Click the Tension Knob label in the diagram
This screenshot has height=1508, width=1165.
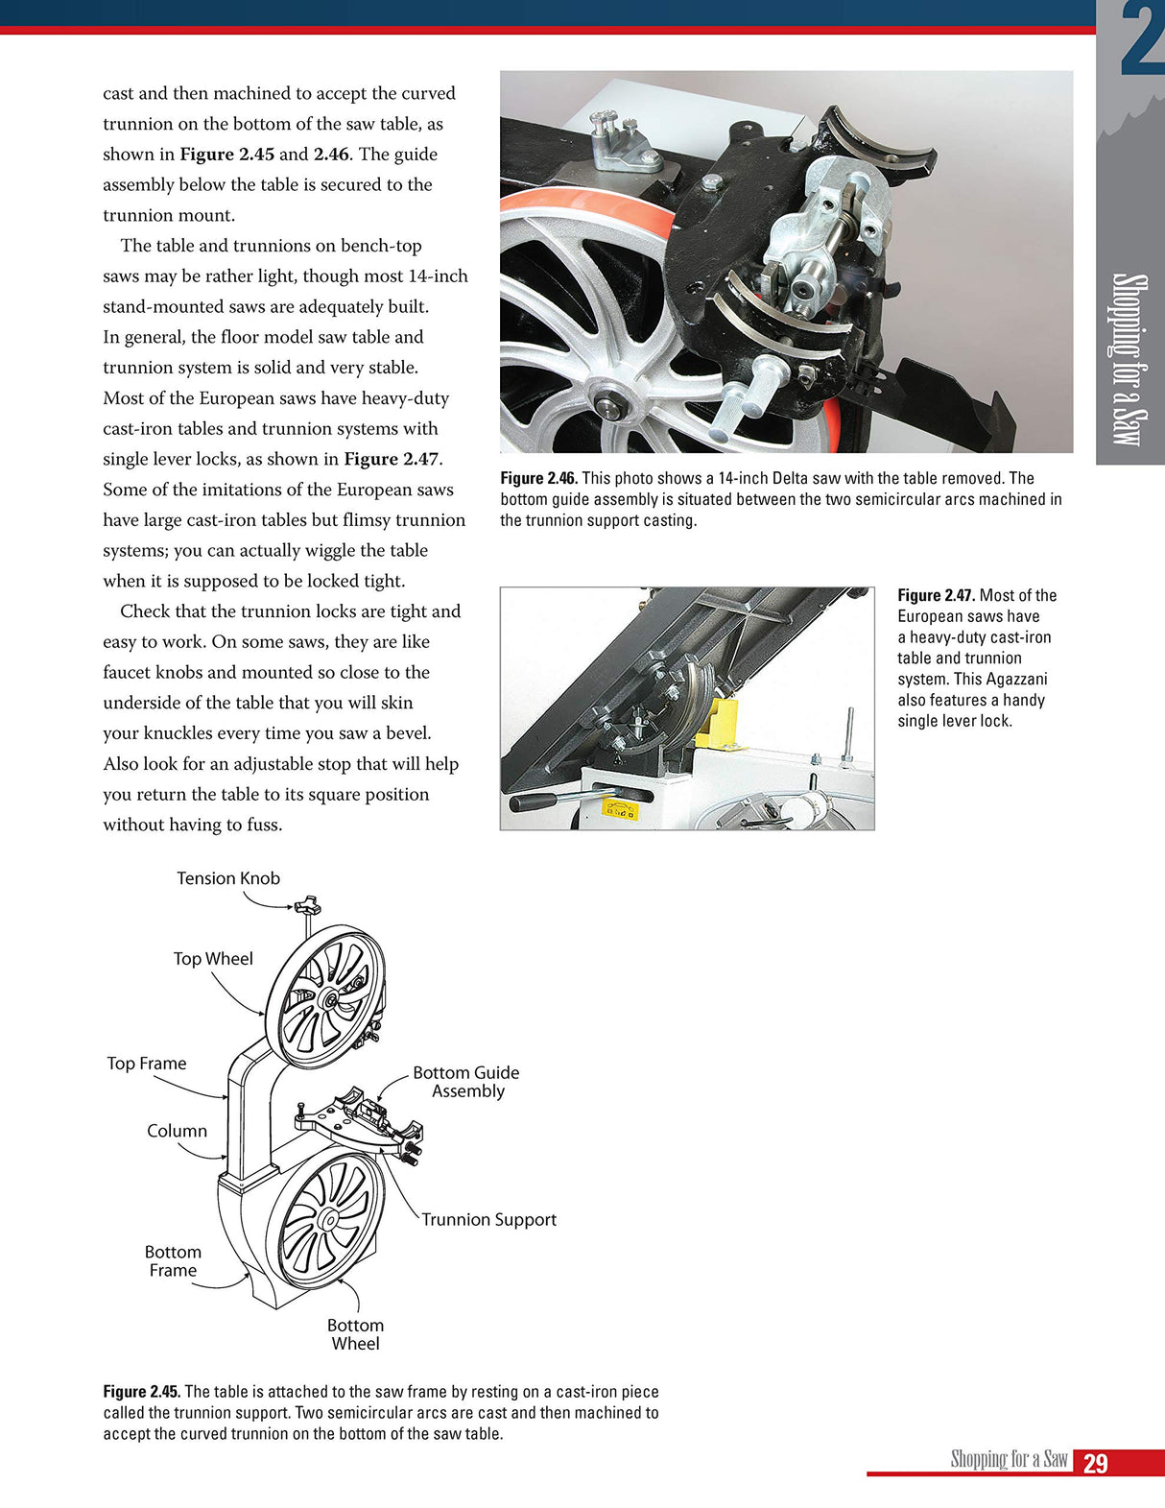228,878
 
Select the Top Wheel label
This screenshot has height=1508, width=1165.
213,959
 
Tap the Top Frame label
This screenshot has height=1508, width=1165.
147,1064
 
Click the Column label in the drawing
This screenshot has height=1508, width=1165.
177,1131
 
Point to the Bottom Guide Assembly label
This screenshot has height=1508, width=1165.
466,1082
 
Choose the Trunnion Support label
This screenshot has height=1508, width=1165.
488,1220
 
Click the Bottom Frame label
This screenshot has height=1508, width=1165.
173,1261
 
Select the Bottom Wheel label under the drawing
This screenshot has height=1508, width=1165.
355,1334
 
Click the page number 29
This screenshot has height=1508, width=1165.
1095,1463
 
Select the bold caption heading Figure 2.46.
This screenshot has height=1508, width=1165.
538,478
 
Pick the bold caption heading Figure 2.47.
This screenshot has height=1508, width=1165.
936,595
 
